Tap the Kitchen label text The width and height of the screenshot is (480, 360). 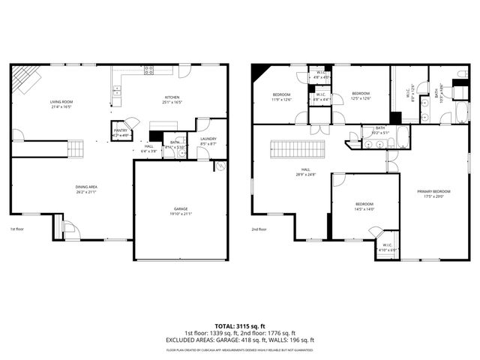[x=172, y=100]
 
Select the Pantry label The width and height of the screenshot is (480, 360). [x=121, y=131]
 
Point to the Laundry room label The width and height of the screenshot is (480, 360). [x=208, y=139]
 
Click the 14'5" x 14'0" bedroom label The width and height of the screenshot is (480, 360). [x=364, y=206]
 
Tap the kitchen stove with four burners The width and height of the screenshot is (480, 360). [x=149, y=70]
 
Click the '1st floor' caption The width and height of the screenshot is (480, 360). [x=17, y=229]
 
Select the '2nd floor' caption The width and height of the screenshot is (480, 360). [x=259, y=229]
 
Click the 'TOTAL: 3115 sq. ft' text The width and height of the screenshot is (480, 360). [x=240, y=326]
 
